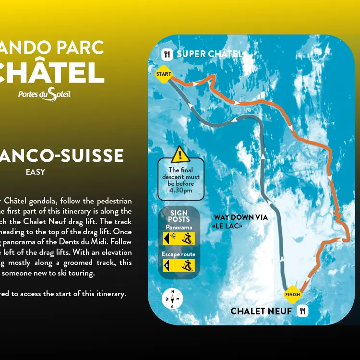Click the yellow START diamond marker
[x=164, y=74]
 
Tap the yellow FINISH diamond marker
[x=292, y=294]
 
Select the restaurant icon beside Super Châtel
[x=167, y=54]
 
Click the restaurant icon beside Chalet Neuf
[x=302, y=311]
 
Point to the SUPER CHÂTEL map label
[x=209, y=54]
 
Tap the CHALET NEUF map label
[x=261, y=312]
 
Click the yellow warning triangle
[x=180, y=155]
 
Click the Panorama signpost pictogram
[x=179, y=238]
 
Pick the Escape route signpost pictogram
[x=179, y=265]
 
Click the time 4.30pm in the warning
[x=181, y=190]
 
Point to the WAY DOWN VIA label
[x=240, y=217]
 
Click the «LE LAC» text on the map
[x=227, y=226]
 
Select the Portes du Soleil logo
[x=44, y=95]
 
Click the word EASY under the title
[x=36, y=172]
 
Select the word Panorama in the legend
[x=179, y=227]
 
